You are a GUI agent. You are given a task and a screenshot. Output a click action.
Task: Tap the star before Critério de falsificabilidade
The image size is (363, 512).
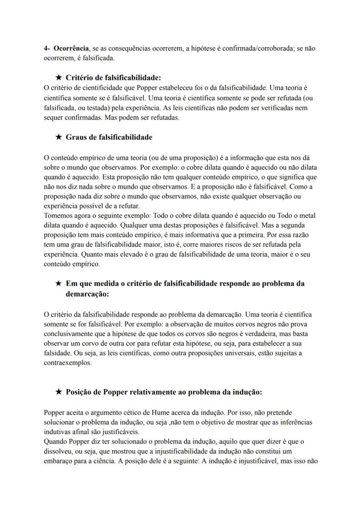pyautogui.click(x=59, y=78)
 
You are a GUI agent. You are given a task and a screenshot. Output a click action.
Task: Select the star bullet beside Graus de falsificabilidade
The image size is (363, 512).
pyautogui.click(x=59, y=137)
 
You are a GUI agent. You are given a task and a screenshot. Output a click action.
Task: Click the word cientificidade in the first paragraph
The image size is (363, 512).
pyautogui.click(x=92, y=88)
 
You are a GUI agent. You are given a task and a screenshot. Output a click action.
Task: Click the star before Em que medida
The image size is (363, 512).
pyautogui.click(x=59, y=283)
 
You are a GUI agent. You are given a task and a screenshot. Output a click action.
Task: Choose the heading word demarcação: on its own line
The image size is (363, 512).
pyautogui.click(x=87, y=294)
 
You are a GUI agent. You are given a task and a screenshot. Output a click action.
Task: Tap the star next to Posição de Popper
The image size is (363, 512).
pyautogui.click(x=59, y=392)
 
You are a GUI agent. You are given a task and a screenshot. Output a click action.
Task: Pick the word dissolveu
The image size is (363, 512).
pyautogui.click(x=59, y=451)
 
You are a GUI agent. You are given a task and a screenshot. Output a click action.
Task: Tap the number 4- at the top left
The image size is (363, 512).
pyautogui.click(x=47, y=48)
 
